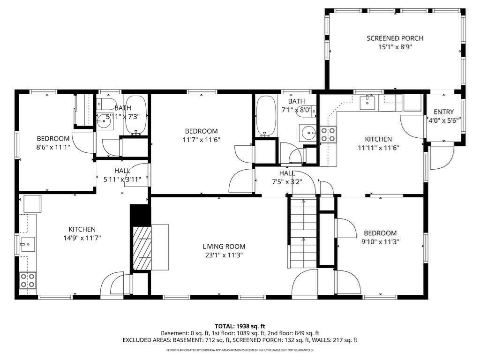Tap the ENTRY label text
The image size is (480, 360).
tap(443, 112)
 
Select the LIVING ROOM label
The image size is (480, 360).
tap(224, 247)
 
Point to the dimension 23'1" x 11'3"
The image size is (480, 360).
tap(224, 255)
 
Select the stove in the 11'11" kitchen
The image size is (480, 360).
tap(328, 135)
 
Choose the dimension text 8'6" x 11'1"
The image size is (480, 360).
tap(53, 147)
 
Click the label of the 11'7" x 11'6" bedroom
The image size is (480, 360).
tap(201, 131)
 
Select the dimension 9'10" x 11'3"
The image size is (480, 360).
tap(380, 242)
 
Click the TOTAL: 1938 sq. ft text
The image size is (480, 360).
tap(240, 326)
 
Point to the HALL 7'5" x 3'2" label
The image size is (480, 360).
tap(287, 177)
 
